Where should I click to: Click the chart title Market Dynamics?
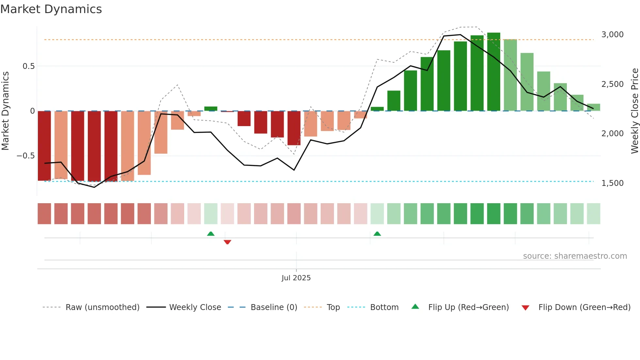tap(51, 9)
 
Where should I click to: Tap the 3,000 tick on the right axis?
tap(612, 34)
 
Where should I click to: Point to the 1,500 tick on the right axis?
tap(612, 183)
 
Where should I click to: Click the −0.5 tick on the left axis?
tap(26, 156)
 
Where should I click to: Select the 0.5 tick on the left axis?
tap(28, 66)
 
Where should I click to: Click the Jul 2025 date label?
tap(296, 278)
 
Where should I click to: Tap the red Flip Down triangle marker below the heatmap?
tap(227, 242)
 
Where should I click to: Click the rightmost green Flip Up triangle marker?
tap(377, 234)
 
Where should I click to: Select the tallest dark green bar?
tap(493, 72)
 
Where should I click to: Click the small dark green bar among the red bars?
tap(211, 109)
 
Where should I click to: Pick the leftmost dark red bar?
tap(44, 146)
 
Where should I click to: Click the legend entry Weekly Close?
tap(195, 307)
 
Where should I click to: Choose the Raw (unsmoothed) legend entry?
tap(102, 307)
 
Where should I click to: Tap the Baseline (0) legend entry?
tap(274, 307)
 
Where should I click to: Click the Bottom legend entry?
tap(384, 307)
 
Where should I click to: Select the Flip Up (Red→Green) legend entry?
tap(468, 307)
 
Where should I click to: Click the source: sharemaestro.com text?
tap(575, 256)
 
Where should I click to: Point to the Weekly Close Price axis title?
tap(634, 111)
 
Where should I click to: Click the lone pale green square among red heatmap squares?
tap(211, 214)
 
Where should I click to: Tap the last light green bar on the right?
tap(593, 107)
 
